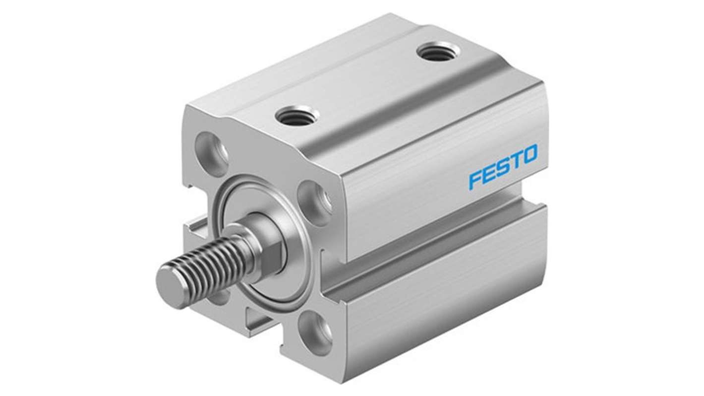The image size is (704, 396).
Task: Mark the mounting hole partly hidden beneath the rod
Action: coord(218,298)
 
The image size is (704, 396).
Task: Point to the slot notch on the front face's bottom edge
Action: coord(258,318)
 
